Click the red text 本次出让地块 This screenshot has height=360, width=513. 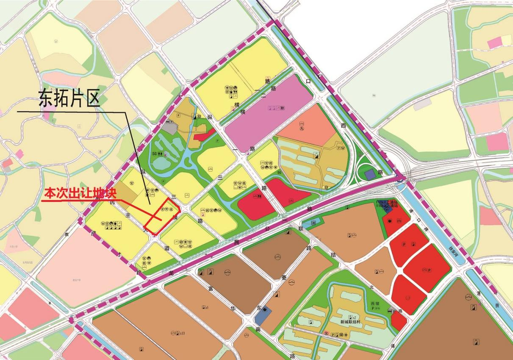[x=80, y=193]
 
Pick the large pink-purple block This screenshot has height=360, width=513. [x=271, y=111]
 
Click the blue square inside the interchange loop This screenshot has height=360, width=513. [x=370, y=174]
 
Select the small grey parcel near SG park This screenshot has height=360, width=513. [x=169, y=126]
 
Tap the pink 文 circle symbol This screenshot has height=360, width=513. [x=327, y=334]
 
